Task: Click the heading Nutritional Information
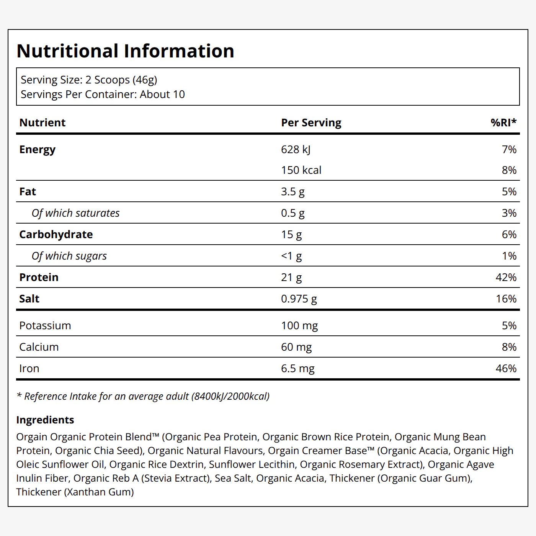coord(126,51)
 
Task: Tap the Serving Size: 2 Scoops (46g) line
coord(89,80)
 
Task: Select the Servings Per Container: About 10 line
coord(103,95)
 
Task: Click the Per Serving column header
coord(311,123)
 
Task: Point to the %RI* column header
coord(503,122)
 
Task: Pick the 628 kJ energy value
coord(296,150)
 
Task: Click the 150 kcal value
coord(301,170)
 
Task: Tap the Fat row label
coord(28,192)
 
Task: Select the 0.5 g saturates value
coord(293,213)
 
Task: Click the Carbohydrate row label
coord(56,234)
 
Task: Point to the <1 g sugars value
coord(291,256)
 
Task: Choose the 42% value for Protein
coord(506,277)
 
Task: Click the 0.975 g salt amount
coord(299,299)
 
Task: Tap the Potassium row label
coord(45,326)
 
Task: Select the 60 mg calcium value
coord(296,347)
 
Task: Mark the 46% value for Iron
coord(506,369)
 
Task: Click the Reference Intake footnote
coord(143,396)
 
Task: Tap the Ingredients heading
coord(45,420)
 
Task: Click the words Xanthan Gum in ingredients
coord(99,492)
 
